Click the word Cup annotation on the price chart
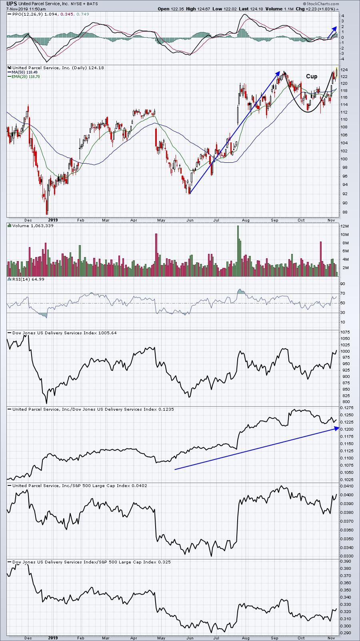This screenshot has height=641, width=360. tap(312, 76)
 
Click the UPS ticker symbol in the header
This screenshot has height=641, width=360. tap(12, 4)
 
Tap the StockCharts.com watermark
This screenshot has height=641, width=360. tap(321, 4)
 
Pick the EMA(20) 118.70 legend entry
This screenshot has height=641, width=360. tap(26, 77)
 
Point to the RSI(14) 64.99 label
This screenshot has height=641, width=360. tap(28, 279)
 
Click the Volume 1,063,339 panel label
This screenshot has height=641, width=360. tap(33, 226)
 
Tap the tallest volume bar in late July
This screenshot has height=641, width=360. tap(238, 251)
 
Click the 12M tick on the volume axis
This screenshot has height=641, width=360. tap(344, 226)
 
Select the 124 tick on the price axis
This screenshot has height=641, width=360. tap(344, 70)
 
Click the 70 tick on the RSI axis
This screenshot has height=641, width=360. tap(342, 294)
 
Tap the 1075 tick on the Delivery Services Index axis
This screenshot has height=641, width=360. tap(345, 332)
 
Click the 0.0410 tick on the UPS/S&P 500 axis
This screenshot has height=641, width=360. tap(346, 486)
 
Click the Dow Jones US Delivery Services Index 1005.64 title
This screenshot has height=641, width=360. tap(64, 333)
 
